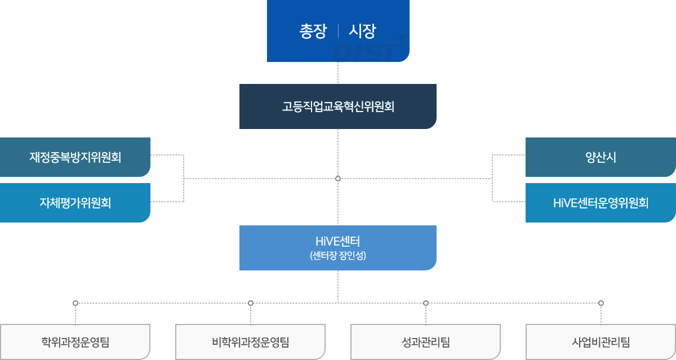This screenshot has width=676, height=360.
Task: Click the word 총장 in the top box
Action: (313, 31)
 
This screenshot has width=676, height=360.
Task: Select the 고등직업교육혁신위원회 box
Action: (338, 106)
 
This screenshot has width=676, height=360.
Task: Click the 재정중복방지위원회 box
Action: (75, 157)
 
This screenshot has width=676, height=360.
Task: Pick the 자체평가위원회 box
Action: (75, 203)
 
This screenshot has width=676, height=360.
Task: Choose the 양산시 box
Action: (601, 157)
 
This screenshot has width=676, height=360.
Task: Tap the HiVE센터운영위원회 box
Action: (601, 203)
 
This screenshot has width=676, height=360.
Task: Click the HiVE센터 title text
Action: (338, 242)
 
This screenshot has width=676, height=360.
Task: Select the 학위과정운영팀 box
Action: (75, 341)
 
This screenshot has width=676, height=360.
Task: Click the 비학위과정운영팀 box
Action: (251, 341)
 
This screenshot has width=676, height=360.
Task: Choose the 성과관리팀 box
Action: (426, 341)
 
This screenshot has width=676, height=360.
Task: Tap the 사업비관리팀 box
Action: (601, 341)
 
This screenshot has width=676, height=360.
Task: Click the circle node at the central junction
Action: (338, 179)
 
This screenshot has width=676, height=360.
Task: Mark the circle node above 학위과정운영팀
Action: (75, 303)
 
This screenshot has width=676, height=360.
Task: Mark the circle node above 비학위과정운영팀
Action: (251, 303)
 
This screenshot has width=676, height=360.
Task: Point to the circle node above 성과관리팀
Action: (426, 303)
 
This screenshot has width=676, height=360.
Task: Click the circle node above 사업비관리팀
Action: (601, 303)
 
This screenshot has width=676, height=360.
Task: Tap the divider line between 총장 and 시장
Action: (338, 31)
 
